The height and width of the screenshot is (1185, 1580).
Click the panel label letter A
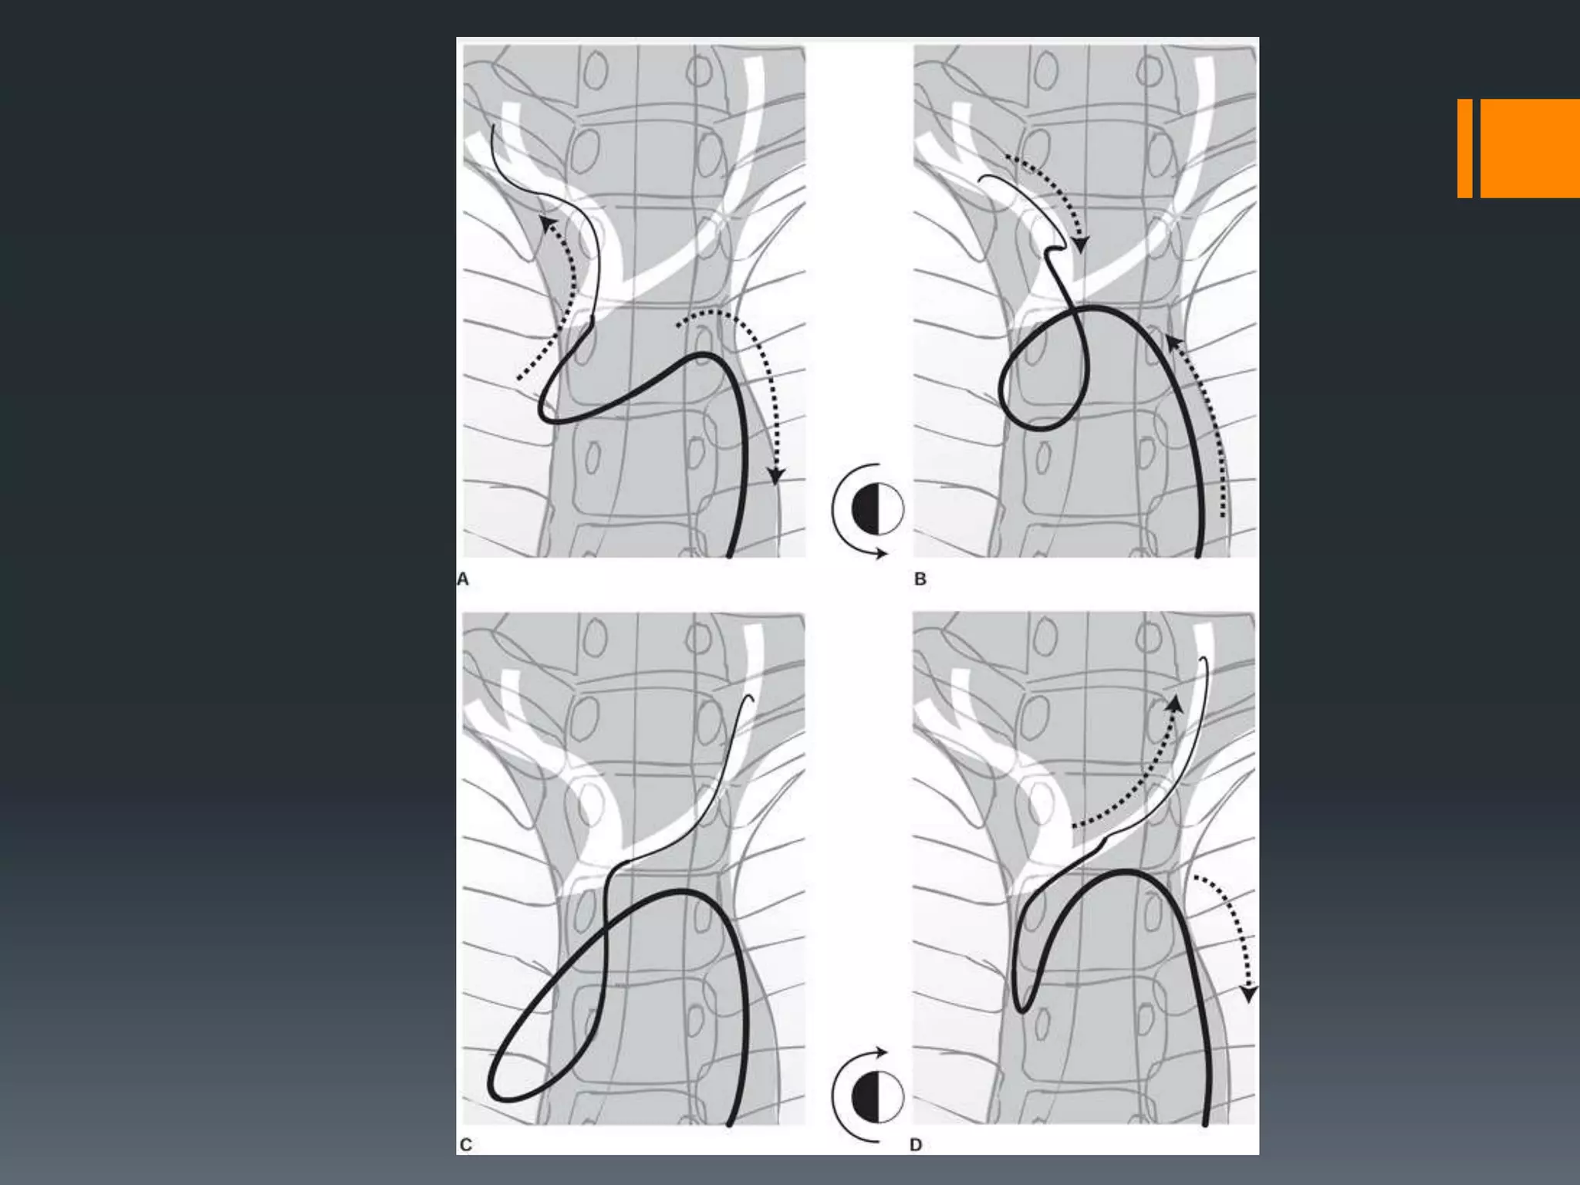tap(463, 579)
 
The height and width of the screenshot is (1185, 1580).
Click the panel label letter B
tap(920, 579)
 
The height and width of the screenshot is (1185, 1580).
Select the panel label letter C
tap(465, 1145)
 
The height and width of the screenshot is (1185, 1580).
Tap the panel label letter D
tap(917, 1145)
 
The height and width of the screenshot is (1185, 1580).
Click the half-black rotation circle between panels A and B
tap(877, 510)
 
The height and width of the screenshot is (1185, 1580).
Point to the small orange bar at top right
tap(1464, 148)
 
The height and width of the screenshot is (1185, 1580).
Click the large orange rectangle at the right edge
tap(1530, 148)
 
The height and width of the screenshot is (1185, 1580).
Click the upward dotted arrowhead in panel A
tap(549, 225)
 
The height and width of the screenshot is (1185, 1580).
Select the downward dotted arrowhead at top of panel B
tap(1082, 245)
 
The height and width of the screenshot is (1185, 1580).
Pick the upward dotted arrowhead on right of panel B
tap(1173, 343)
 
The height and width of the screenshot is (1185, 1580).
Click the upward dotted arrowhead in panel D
tap(1174, 704)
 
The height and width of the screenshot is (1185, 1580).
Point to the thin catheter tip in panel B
tap(979, 181)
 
